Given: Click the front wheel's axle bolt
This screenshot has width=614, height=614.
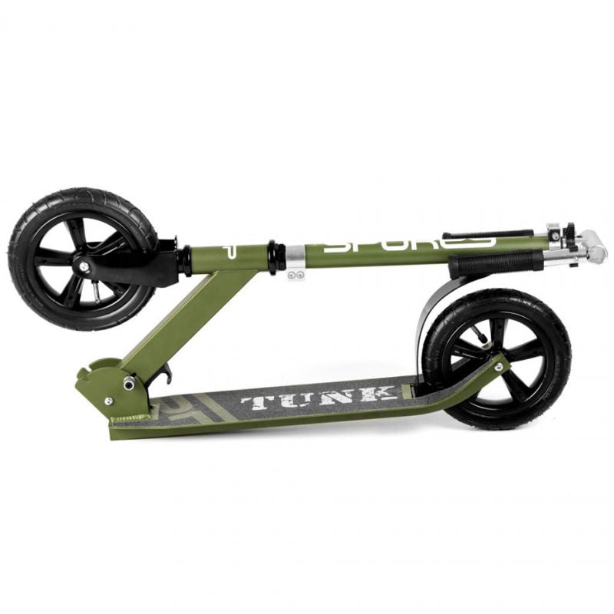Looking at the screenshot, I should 82,267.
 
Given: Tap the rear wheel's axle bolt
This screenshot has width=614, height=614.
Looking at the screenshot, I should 498,367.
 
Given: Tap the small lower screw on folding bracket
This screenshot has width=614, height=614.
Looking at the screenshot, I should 108,401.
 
